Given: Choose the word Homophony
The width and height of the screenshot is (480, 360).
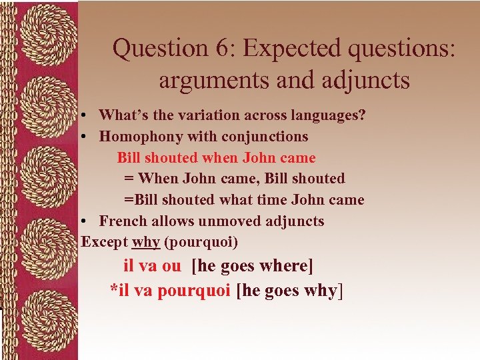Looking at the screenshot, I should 133,136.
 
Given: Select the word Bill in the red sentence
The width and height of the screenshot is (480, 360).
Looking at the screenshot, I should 129,157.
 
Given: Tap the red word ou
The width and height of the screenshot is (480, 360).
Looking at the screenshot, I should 171,265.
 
